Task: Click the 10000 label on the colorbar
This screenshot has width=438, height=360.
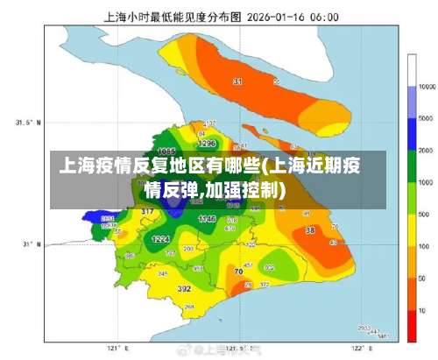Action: point(427,88)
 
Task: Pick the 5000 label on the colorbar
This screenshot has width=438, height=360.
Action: point(427,119)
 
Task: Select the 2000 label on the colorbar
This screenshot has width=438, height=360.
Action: point(427,151)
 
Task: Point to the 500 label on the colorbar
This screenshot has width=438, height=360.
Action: point(426,215)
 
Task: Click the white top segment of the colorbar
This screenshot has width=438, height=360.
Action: point(412,71)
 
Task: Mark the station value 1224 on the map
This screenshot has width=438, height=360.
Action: point(161,239)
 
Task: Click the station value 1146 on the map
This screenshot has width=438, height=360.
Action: point(207,219)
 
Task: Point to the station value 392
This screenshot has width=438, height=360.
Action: point(185,288)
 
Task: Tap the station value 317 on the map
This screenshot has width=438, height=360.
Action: point(147,212)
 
